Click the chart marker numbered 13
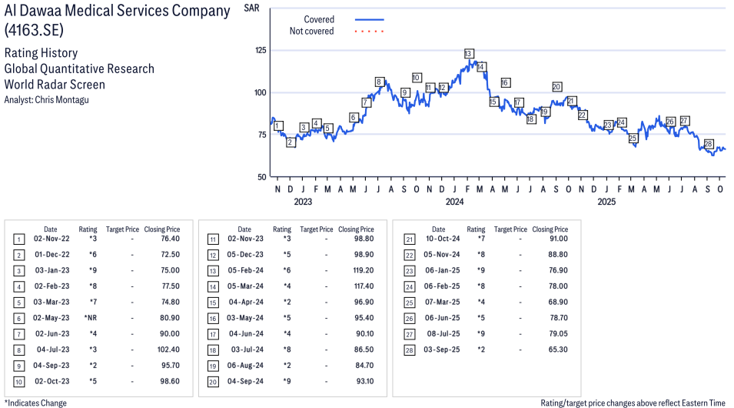468,54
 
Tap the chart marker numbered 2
291,142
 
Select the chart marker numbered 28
708,144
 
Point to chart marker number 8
379,82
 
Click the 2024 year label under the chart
455,202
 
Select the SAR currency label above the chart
251,8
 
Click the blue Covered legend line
369,19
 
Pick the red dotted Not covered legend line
369,32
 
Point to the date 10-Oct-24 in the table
443,239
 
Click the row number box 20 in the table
213,382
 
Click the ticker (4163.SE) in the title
34,30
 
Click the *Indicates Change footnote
35,403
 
